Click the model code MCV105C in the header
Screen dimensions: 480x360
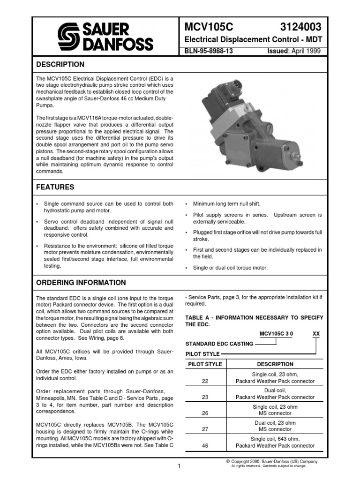(206, 27)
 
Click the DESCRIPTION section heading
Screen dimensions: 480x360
(60, 64)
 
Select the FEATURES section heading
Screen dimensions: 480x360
(55, 187)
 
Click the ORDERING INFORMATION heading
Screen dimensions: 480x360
(81, 283)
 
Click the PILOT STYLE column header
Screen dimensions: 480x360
(205, 364)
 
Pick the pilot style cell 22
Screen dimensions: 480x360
(205, 381)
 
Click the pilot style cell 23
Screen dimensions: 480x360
(205, 397)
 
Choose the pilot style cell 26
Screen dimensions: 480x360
(205, 413)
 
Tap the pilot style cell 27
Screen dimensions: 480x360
(205, 429)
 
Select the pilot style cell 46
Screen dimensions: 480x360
(205, 446)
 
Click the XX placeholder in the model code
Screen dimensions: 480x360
(316, 334)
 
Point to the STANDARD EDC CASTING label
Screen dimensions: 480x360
(219, 344)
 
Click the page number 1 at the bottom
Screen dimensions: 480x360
(179, 465)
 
